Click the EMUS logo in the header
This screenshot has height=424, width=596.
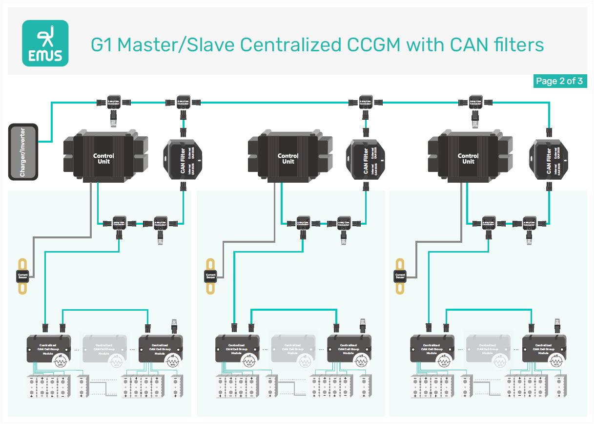[x=45, y=43]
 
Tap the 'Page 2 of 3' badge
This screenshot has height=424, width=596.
[x=559, y=81]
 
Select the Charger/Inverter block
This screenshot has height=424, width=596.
[x=23, y=151]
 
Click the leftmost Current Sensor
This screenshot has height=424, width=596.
[x=22, y=276]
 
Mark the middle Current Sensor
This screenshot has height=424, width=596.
[x=210, y=276]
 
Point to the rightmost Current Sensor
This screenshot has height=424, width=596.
[x=400, y=276]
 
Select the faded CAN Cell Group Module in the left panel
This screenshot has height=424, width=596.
[x=104, y=348]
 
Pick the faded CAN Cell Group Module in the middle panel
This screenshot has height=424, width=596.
[x=293, y=348]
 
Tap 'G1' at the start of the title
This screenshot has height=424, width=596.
[x=102, y=45]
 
